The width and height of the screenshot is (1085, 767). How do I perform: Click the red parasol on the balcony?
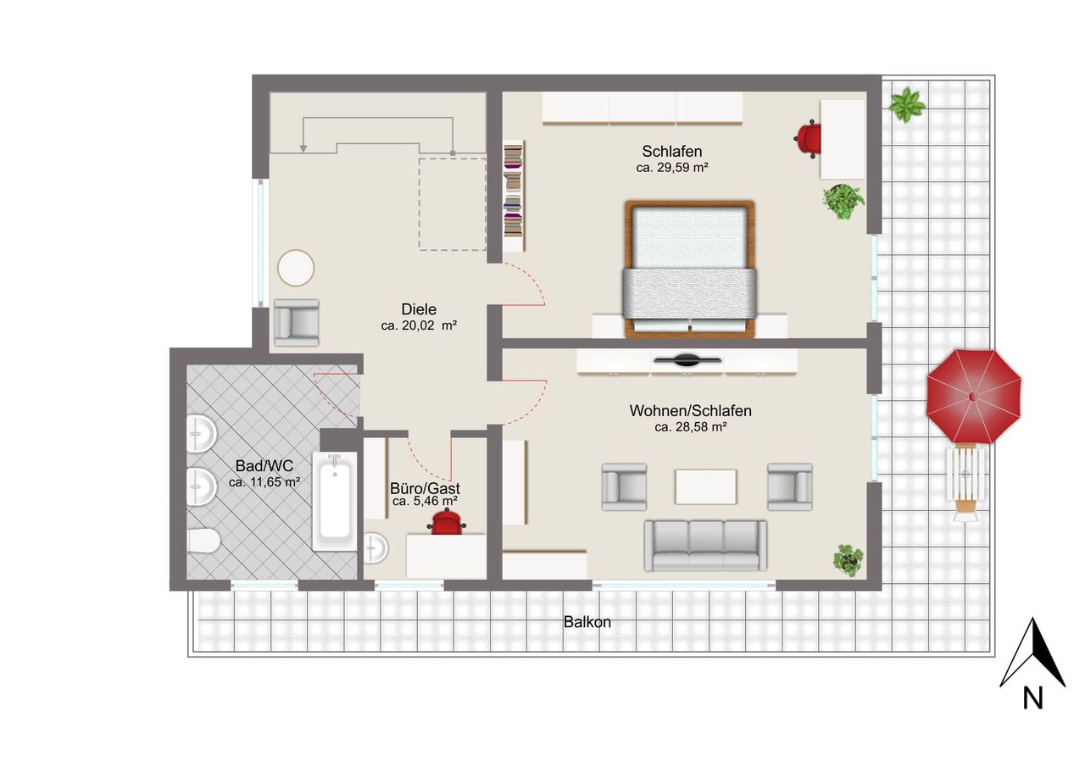(974, 397)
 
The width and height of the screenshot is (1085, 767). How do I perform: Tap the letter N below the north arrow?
(1032, 698)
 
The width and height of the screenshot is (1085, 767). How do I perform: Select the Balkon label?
(587, 622)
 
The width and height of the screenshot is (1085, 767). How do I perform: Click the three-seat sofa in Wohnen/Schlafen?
(705, 545)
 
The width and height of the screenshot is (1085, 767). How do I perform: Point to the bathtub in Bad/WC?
(335, 501)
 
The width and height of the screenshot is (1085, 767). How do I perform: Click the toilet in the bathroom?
(203, 541)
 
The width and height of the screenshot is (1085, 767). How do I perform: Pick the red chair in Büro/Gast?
(446, 522)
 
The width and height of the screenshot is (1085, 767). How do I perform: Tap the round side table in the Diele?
(296, 267)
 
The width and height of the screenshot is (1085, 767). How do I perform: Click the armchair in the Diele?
(297, 323)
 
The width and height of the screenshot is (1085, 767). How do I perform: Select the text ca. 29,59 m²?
(672, 168)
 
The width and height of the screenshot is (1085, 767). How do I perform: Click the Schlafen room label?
(672, 152)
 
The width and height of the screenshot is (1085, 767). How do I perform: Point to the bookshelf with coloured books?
(514, 196)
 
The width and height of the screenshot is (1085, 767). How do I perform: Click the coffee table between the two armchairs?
(706, 486)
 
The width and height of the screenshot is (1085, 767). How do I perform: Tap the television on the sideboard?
(687, 360)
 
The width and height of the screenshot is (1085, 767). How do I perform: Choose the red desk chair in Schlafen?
(808, 138)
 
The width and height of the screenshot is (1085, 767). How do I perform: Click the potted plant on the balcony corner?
(906, 104)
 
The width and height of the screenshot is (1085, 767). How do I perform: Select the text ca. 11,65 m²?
(264, 482)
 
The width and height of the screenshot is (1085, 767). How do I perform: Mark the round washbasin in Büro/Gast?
(376, 548)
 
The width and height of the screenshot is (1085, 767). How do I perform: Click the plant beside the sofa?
(849, 560)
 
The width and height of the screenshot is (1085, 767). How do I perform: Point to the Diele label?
(419, 309)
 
